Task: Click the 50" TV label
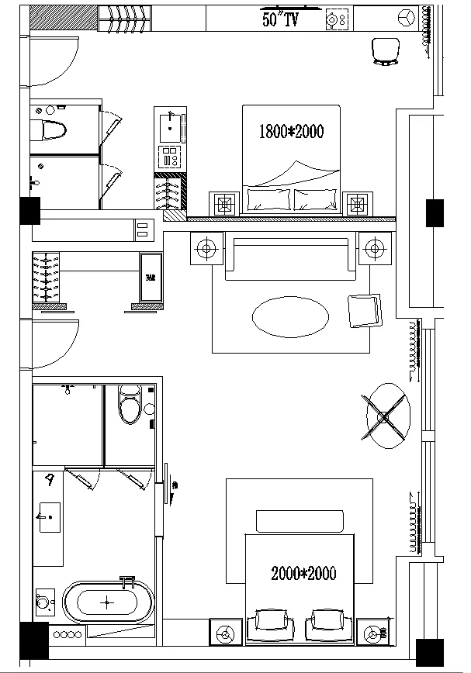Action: click(280, 21)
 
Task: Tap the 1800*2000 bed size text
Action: click(291, 132)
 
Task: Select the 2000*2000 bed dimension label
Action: click(303, 574)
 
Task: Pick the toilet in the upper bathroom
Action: click(52, 129)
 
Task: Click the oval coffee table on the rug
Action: click(290, 316)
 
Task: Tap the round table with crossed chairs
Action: click(385, 416)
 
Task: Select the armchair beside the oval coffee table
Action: click(364, 310)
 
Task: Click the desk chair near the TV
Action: click(385, 50)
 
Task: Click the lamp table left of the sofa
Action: click(206, 249)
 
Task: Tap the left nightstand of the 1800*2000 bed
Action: click(224, 204)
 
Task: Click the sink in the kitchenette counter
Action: click(171, 123)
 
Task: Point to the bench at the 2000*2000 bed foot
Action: click(299, 521)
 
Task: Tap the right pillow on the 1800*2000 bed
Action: click(316, 200)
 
